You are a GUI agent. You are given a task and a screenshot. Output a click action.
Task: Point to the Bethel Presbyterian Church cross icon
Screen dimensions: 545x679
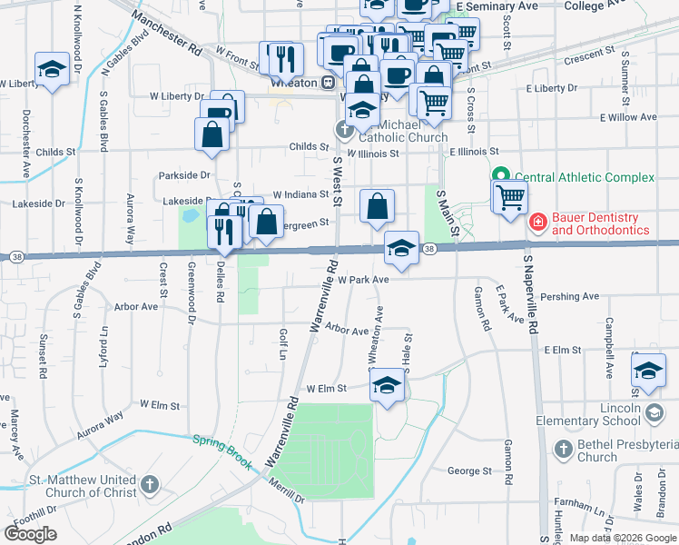click(x=564, y=449)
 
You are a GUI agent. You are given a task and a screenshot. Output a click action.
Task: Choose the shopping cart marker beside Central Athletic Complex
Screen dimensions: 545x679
click(x=510, y=194)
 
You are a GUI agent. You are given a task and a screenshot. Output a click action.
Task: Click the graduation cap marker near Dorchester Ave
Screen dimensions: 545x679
click(x=53, y=68)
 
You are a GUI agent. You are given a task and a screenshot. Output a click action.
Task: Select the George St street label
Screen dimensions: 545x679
click(x=468, y=471)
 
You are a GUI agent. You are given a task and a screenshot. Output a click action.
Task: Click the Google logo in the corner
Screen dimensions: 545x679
click(x=31, y=533)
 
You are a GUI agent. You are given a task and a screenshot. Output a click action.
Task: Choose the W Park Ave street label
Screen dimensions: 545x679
click(x=363, y=280)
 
